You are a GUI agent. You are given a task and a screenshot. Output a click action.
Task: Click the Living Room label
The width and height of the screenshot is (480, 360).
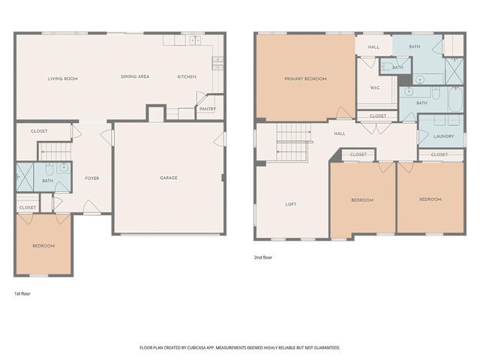point(63,79)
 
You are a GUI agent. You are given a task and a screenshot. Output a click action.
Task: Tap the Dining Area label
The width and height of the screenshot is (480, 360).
point(135,76)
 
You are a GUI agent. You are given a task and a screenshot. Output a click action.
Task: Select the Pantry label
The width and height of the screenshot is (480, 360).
point(208,109)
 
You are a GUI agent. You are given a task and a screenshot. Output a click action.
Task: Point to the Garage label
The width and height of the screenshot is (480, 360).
point(169,178)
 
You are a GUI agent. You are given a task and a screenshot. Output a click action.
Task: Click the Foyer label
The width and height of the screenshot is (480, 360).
point(92,178)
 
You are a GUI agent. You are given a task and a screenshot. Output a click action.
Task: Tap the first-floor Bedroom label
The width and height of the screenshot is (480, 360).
point(43,246)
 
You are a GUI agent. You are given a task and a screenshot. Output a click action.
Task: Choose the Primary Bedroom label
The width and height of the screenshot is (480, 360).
point(305,79)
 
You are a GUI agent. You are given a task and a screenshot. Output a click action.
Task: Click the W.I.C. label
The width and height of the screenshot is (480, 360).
point(375,88)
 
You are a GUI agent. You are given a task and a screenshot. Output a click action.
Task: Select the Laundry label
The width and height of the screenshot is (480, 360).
point(443,136)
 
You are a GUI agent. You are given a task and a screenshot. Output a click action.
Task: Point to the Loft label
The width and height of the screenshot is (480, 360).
point(291,204)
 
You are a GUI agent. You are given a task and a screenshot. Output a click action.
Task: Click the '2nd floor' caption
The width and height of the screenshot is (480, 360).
point(263,257)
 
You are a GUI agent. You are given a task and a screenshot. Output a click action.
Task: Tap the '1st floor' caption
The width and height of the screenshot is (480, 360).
point(22,293)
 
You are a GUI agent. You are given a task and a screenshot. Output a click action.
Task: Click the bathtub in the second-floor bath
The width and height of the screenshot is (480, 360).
point(456,99)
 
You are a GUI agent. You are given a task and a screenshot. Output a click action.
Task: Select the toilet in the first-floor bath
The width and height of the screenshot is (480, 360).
point(49,169)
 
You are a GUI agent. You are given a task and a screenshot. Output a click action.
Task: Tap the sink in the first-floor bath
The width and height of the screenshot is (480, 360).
point(64,167)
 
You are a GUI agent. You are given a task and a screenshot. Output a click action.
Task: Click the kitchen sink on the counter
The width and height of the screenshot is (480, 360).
point(195,40)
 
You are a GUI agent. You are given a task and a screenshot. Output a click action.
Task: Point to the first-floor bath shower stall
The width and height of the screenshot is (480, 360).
point(25,177)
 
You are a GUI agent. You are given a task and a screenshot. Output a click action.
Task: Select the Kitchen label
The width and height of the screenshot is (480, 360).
point(187,76)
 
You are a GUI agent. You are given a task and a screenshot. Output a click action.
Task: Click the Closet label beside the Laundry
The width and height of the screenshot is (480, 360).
point(439,155)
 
